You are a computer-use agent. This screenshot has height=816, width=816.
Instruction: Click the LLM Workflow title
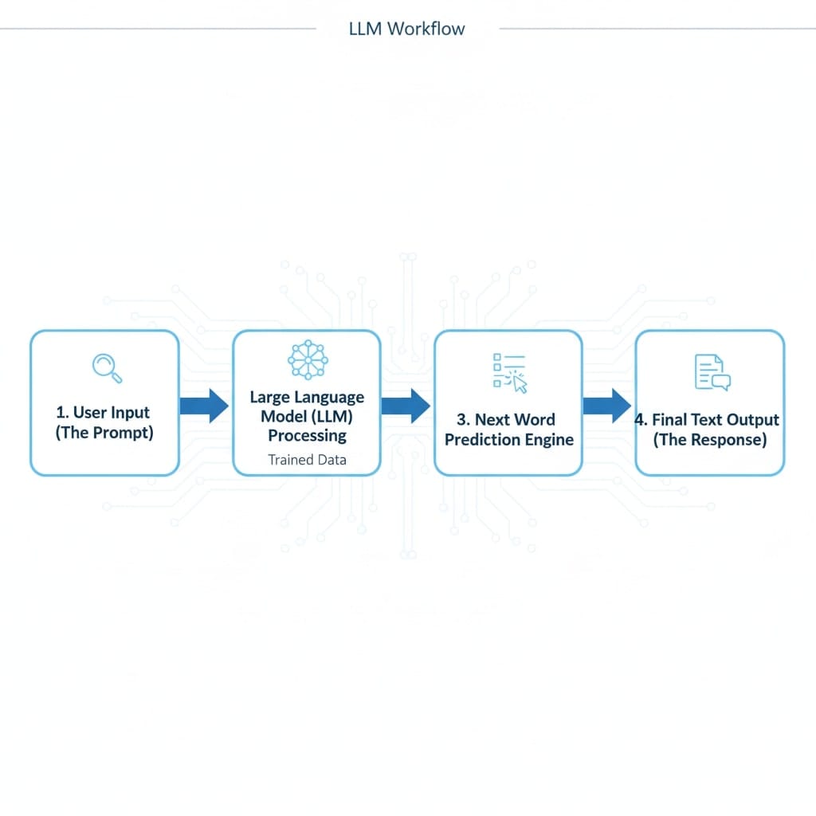coord(407,29)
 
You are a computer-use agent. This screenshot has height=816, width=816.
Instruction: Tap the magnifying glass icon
coord(106,367)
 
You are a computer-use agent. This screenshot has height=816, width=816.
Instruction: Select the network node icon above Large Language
coord(307,359)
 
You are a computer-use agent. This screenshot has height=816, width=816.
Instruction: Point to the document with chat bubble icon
coord(711,372)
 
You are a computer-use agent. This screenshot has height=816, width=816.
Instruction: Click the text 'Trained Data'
coord(307,460)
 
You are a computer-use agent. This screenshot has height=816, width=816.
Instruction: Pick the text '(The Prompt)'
coord(104,433)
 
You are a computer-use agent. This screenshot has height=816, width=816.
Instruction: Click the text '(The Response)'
coord(710,440)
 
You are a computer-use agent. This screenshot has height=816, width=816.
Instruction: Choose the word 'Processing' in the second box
coord(307,435)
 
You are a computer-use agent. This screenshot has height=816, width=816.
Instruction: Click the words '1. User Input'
coord(104,413)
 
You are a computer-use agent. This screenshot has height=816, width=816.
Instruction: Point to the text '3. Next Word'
coord(506,419)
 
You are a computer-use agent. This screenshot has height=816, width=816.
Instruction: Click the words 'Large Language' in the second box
coord(307,397)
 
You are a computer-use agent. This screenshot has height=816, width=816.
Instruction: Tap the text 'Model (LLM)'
coord(307,416)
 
